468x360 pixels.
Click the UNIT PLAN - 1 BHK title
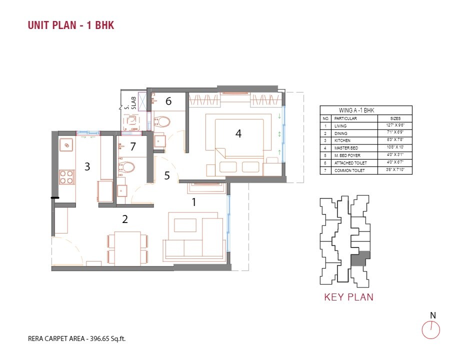71,25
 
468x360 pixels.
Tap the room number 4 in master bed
238,133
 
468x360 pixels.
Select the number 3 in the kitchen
87,166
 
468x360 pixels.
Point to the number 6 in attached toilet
168,101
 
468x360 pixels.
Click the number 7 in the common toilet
132,146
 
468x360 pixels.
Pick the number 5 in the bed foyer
167,175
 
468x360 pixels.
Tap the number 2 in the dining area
125,218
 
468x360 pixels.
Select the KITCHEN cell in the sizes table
343,141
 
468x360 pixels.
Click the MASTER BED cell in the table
346,148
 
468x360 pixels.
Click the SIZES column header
395,118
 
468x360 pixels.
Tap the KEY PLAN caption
348,297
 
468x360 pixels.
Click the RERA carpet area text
76,338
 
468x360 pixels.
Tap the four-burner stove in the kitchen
66,177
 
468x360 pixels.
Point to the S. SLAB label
127,102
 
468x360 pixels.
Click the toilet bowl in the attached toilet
162,121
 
